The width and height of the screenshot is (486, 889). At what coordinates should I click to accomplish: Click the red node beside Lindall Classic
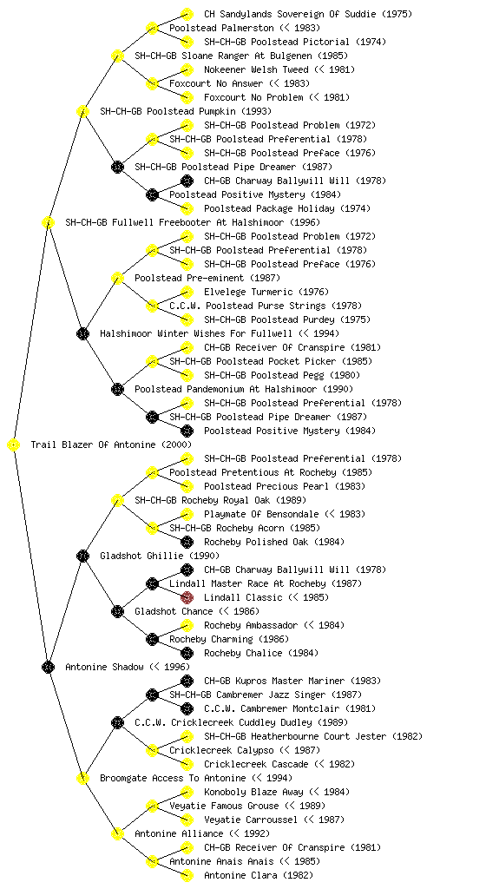(x=187, y=597)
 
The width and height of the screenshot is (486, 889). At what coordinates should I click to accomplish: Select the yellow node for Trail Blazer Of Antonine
(x=14, y=445)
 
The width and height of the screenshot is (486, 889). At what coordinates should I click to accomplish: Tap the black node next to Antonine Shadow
(x=48, y=668)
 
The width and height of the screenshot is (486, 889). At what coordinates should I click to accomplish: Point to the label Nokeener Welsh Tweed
(x=256, y=69)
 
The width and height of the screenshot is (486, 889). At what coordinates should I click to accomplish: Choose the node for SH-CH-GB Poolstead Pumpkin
(x=82, y=112)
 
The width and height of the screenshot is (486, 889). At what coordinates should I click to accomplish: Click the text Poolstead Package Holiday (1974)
(x=287, y=208)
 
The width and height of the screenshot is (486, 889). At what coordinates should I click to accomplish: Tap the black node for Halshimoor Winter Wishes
(x=82, y=334)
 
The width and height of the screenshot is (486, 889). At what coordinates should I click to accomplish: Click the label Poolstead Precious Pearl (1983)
(x=285, y=486)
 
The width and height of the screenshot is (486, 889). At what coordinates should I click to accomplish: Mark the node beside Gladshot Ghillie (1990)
(x=82, y=556)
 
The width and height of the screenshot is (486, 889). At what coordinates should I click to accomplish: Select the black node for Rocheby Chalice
(x=187, y=653)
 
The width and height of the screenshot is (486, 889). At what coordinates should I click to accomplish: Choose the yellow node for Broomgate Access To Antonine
(x=82, y=779)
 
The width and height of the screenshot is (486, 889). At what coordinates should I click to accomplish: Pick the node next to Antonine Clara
(x=187, y=875)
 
